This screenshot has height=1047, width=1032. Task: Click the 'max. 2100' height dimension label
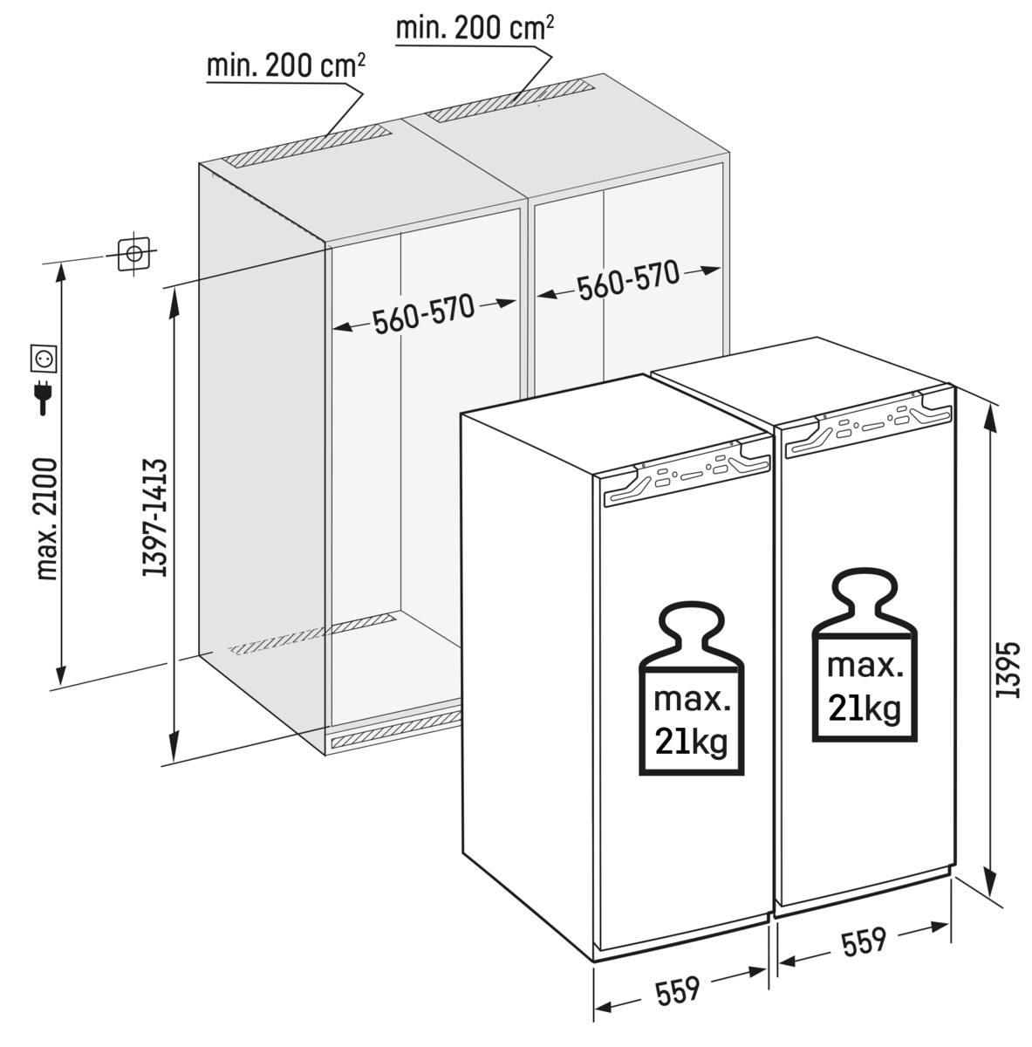coord(46,519)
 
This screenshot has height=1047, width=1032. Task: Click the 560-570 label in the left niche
coord(424,314)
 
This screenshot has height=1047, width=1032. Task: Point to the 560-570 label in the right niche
coord(628,280)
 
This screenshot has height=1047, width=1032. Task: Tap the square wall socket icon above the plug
coord(43,358)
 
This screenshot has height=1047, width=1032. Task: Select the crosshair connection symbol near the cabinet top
coord(133,253)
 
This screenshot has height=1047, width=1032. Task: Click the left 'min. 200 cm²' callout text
coord(286,65)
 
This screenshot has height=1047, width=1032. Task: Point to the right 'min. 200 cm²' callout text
coord(475,28)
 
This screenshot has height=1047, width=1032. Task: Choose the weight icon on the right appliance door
coord(865,656)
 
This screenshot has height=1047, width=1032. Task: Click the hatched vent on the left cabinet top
coord(307,146)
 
